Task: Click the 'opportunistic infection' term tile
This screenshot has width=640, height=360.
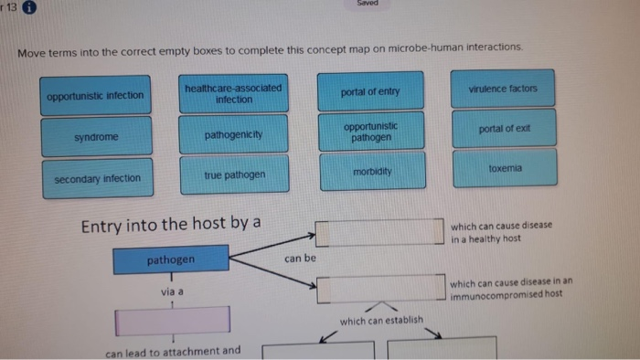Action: coord(96,95)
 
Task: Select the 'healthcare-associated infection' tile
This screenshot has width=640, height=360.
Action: coord(233,93)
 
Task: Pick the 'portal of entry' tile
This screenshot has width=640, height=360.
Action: coord(369,92)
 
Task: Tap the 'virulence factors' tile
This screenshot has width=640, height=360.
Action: coord(502,89)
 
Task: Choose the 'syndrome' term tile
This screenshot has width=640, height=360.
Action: coord(96,137)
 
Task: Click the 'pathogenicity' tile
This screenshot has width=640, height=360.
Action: coord(233,134)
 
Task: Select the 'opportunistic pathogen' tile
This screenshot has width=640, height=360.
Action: coord(370,132)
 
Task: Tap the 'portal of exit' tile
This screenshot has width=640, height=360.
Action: coord(503,129)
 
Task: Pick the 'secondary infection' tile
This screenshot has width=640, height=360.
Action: coord(97,178)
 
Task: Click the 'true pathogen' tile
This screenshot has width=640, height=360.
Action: coord(234,174)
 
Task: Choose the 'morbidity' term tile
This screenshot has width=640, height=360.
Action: coord(371,172)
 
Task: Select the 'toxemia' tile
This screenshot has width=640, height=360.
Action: coord(504,168)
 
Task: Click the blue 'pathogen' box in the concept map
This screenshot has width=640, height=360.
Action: coord(171,260)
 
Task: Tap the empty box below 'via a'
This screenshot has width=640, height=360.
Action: coord(172,320)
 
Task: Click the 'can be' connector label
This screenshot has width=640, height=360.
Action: coord(299,259)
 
